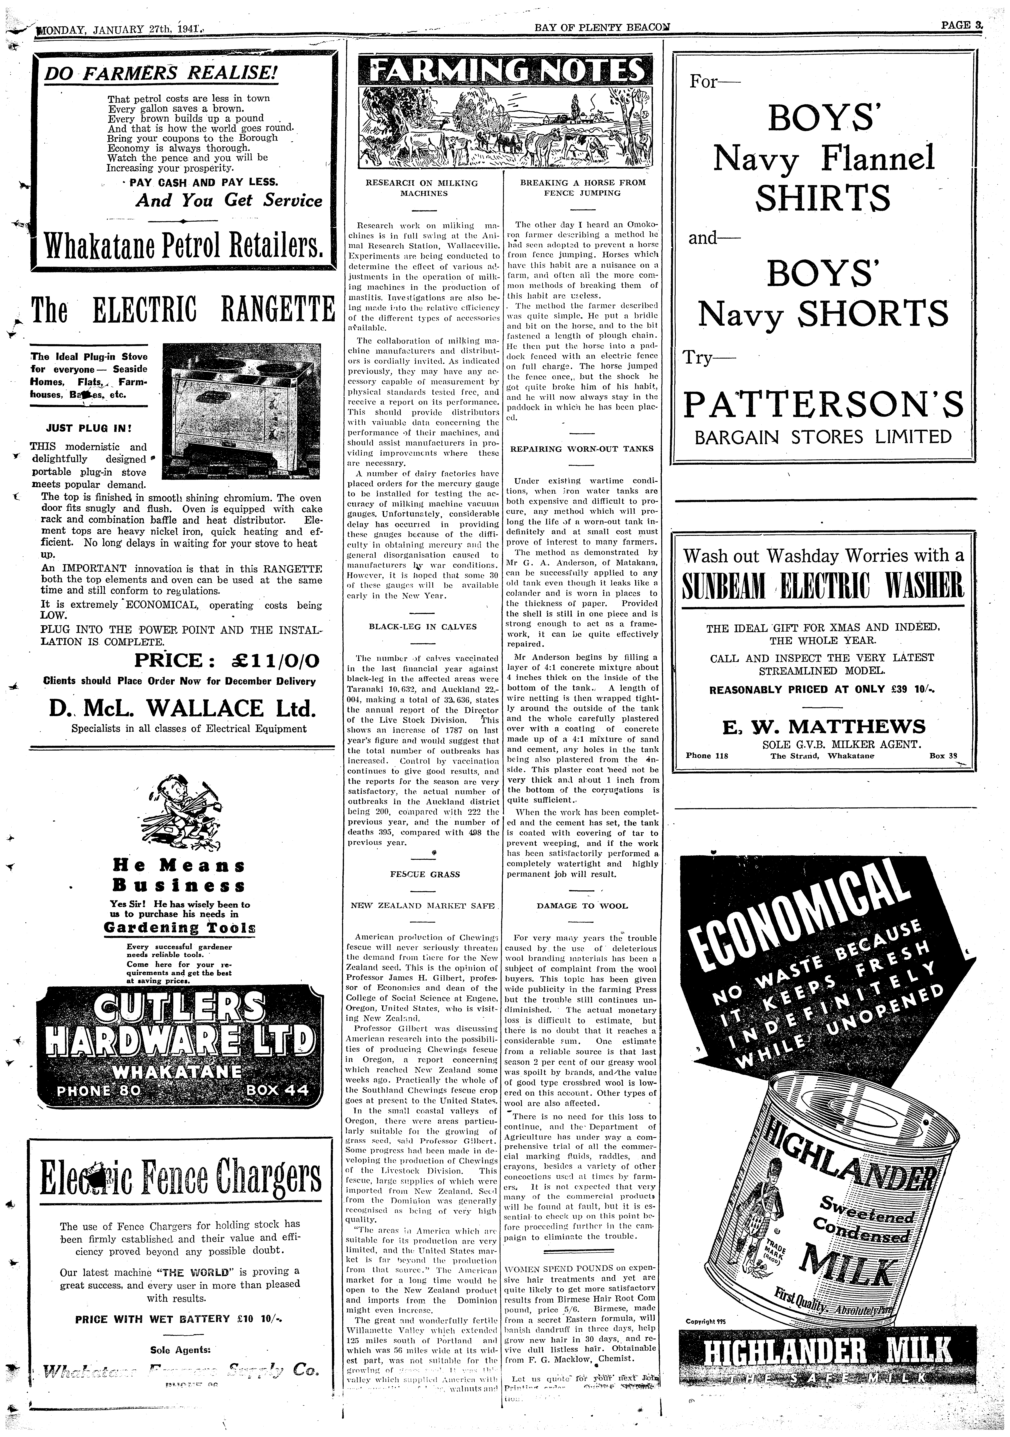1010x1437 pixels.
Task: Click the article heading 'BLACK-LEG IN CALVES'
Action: click(422, 626)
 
